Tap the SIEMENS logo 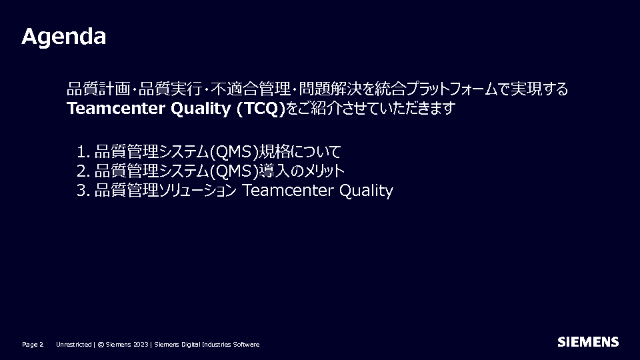coord(588,342)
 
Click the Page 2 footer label coord(33,345)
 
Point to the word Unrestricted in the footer coord(74,345)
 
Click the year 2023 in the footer coord(141,345)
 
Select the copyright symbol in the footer coord(101,345)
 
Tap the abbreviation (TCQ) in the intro coord(261,109)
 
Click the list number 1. coord(83,152)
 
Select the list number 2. coord(83,171)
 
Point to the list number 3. coord(83,191)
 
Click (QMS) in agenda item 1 coord(234,152)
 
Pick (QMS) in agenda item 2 coord(234,171)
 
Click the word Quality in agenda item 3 coord(366,191)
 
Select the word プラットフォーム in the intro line coord(452,89)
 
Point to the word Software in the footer coord(246,345)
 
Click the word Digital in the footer coord(191,345)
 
